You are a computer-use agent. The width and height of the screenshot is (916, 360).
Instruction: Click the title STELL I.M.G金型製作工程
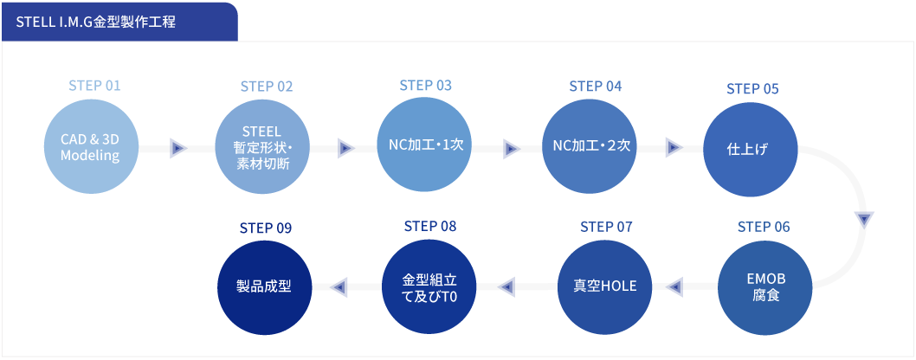pos(96,23)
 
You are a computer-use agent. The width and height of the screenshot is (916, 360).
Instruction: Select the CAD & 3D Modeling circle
pos(91,148)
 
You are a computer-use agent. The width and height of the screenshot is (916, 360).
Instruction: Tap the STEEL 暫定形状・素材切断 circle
pos(263,148)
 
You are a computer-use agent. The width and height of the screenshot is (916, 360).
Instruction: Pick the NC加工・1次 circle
pos(425,145)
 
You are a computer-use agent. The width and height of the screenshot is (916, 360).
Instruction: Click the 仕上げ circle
pos(751,149)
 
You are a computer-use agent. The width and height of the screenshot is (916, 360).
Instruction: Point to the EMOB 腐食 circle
pos(765,286)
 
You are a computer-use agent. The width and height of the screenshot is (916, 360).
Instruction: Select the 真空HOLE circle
pos(604,286)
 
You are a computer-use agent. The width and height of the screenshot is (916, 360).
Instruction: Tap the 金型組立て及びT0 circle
pos(429,286)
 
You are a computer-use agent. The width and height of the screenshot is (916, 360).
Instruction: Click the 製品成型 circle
pos(264,286)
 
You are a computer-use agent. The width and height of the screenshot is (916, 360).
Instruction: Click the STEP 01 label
pos(94,86)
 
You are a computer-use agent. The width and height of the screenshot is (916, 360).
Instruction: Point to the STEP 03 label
pos(425,85)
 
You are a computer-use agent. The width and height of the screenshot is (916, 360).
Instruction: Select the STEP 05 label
pos(752,88)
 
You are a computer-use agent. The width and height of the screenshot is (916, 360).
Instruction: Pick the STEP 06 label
pos(764,227)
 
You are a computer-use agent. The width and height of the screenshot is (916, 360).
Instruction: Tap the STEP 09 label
pos(265,228)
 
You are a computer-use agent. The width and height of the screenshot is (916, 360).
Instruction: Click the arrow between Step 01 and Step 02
pos(177,149)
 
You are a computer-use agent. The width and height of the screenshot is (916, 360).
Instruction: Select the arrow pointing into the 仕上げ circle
pos(674,147)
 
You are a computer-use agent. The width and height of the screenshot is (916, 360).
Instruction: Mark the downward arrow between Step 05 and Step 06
pos(865,220)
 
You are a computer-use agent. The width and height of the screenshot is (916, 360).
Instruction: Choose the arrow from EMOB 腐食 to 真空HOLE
pos(674,286)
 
